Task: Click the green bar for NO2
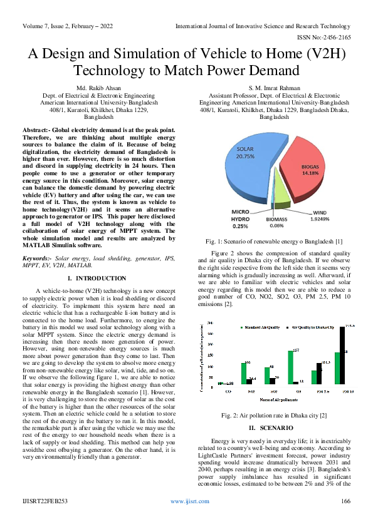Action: click(244, 374)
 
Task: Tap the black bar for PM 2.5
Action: click(319, 374)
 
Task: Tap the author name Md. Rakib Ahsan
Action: click(93, 90)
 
